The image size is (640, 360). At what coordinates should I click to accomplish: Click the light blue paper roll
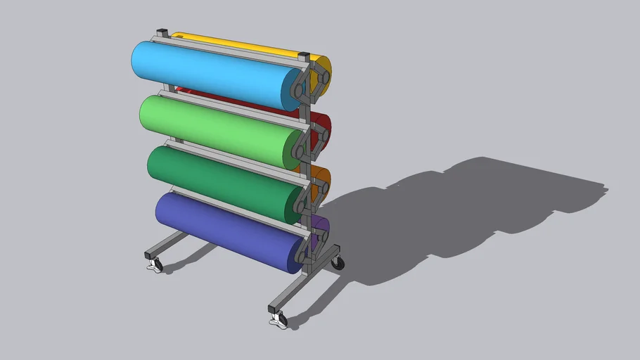click(x=211, y=74)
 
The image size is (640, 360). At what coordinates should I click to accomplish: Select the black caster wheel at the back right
click(x=339, y=263)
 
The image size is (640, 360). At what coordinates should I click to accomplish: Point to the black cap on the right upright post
click(x=304, y=55)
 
